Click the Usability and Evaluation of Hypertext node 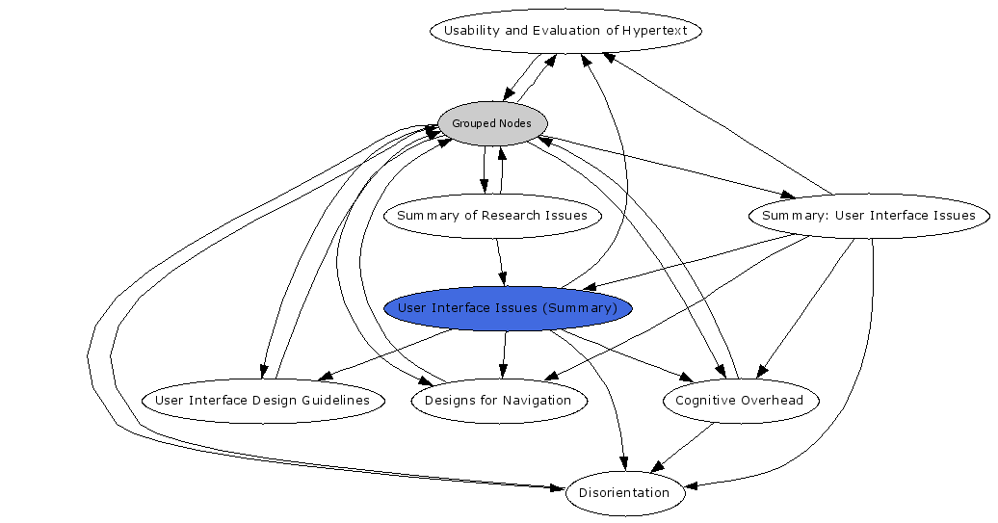click(565, 31)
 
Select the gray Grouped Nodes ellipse click(492, 123)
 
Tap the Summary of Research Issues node click(492, 216)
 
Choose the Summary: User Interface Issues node click(868, 216)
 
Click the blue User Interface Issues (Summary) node click(508, 308)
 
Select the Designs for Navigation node click(498, 401)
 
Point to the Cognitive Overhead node click(740, 401)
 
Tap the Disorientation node click(624, 493)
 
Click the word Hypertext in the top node click(655, 31)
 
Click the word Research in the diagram click(514, 216)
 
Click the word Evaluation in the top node click(569, 31)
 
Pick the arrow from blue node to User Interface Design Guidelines click(385, 354)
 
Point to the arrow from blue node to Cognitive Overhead click(626, 352)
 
